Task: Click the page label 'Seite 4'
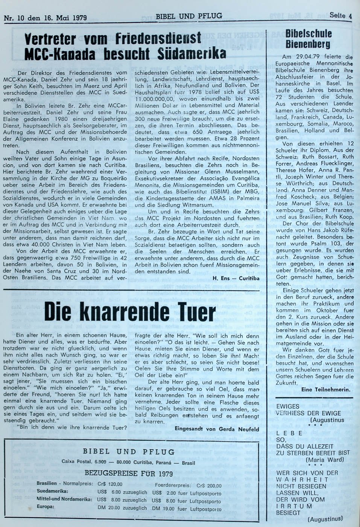[x=340, y=15]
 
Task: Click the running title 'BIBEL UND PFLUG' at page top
[x=189, y=16]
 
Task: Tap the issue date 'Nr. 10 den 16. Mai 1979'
[x=45, y=18]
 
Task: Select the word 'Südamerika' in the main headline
[x=196, y=53]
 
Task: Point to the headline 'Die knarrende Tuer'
[x=130, y=311]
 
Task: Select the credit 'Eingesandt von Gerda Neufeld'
[x=217, y=429]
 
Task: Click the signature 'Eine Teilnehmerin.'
[x=326, y=390]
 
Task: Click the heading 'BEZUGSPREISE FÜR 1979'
[x=129, y=473]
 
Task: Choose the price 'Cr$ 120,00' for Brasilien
[x=110, y=484]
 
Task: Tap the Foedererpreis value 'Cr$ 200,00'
[x=209, y=486]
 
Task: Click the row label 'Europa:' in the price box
[x=46, y=507]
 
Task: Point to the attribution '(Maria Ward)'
[x=325, y=460]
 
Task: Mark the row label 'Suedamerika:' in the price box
[x=53, y=491]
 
